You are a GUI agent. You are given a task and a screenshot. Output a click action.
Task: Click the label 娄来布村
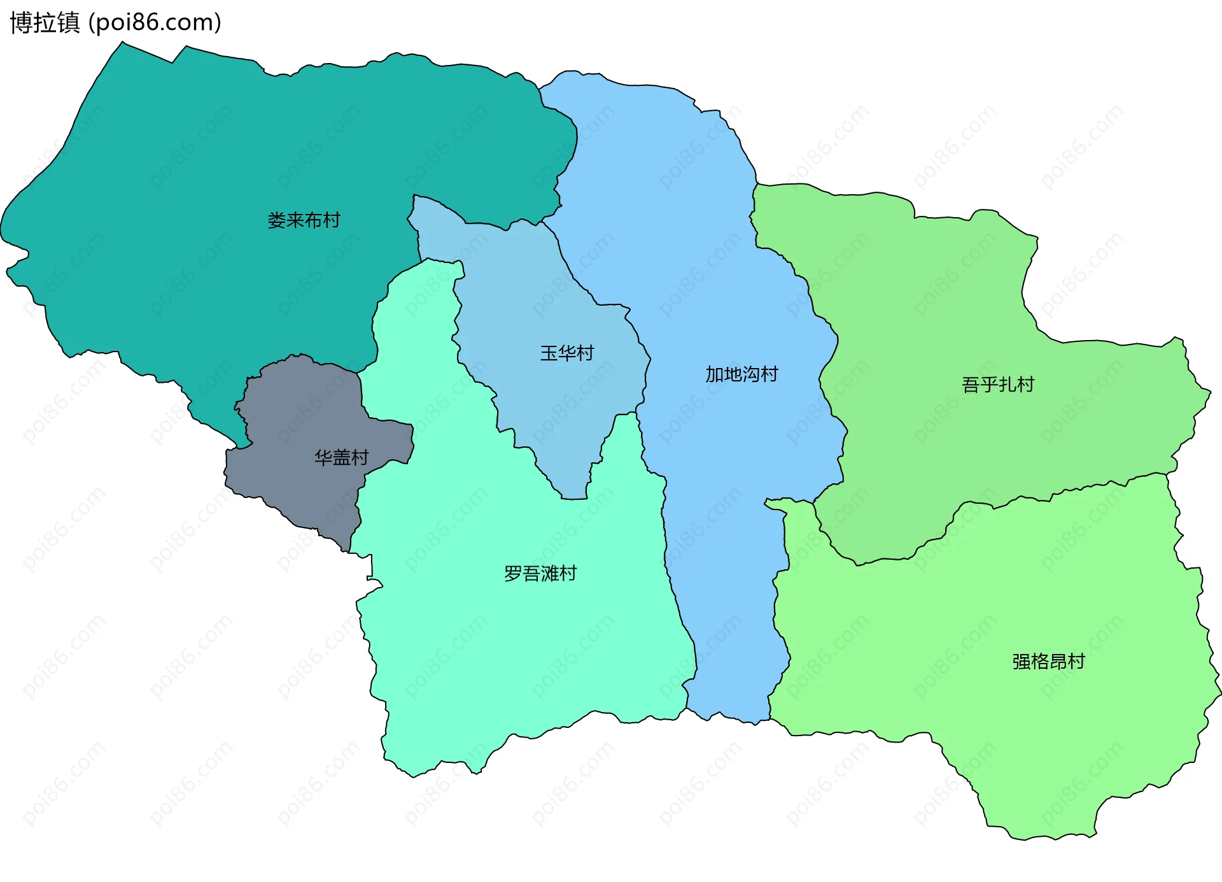[x=304, y=220]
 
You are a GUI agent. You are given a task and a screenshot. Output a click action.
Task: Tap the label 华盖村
[x=341, y=457]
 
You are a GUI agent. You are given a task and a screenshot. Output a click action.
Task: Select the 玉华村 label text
[x=566, y=353]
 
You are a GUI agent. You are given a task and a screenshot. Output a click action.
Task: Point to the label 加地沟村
[x=741, y=374]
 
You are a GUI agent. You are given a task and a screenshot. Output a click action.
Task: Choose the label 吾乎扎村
[x=997, y=385]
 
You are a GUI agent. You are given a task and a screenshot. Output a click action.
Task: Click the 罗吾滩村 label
[x=540, y=574]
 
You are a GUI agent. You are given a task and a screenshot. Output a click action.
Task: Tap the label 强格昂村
[x=1048, y=662]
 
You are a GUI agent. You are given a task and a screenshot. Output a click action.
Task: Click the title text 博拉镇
[x=45, y=23]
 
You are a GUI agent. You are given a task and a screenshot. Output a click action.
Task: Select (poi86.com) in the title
[x=155, y=23]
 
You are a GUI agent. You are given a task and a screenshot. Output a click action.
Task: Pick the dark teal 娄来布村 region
[x=191, y=159]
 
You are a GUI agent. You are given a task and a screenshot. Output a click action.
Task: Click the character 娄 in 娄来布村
[x=276, y=220]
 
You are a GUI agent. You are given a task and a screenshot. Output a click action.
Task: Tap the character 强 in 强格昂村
[x=1021, y=662]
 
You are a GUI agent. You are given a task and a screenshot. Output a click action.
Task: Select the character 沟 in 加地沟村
[x=751, y=374]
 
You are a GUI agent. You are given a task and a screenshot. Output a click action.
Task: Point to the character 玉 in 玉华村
[x=549, y=353]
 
